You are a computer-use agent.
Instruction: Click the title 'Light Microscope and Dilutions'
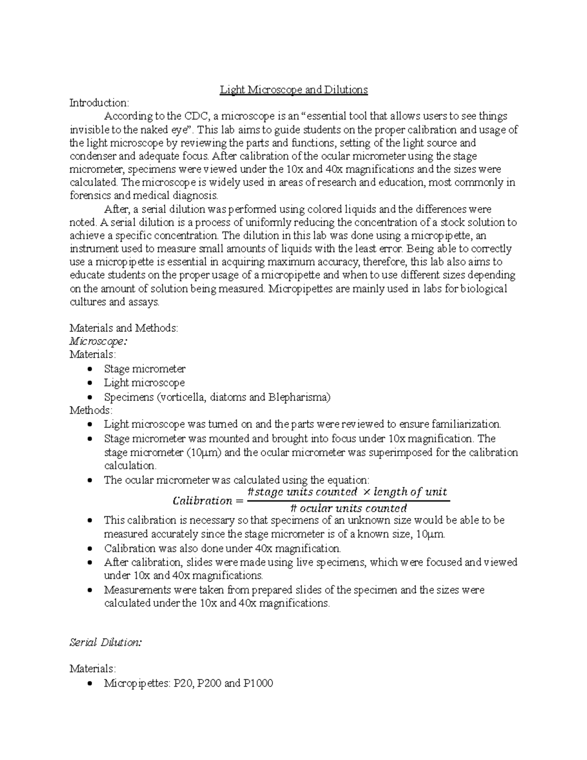(293, 90)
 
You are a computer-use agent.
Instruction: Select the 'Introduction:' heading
(99, 103)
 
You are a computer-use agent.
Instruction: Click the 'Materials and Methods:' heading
(124, 328)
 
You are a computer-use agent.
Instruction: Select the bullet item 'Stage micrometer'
(144, 368)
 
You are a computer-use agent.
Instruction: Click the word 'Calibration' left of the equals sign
(203, 501)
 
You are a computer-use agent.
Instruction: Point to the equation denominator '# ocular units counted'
(348, 508)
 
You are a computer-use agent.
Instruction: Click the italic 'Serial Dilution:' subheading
(106, 643)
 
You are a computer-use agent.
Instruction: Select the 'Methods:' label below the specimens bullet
(91, 410)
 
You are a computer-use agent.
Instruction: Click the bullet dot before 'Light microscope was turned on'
(89, 424)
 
